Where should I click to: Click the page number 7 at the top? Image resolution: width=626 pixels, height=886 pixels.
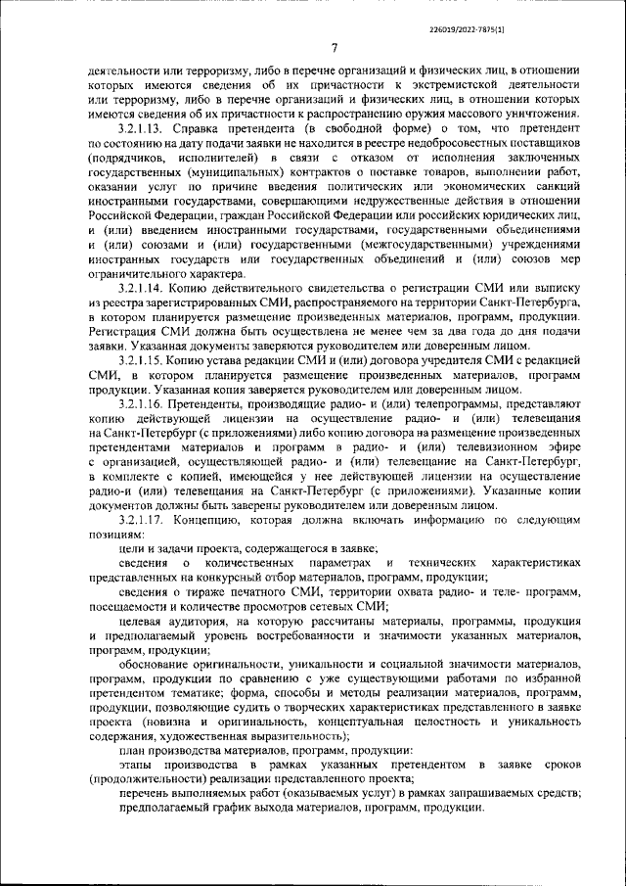click(x=333, y=48)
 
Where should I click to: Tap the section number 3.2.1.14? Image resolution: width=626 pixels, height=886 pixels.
click(x=144, y=290)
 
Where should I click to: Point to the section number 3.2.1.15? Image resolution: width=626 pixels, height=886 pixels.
click(x=144, y=360)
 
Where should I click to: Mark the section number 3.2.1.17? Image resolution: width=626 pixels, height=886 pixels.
click(x=144, y=522)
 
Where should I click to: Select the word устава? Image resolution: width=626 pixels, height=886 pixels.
click(x=243, y=360)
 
